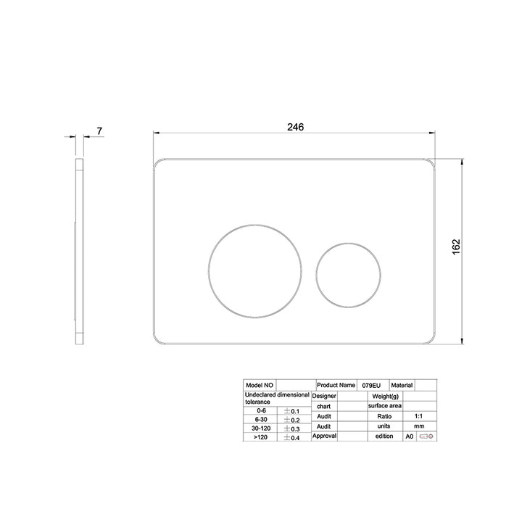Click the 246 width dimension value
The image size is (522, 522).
(x=295, y=127)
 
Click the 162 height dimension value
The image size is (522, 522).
(x=456, y=246)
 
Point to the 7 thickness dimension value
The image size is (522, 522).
(x=99, y=131)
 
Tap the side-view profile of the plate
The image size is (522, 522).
(x=79, y=252)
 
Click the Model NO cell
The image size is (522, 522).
(x=260, y=385)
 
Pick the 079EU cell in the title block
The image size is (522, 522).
(x=371, y=386)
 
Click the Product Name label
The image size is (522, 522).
(x=336, y=385)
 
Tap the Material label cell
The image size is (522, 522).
(x=402, y=385)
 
